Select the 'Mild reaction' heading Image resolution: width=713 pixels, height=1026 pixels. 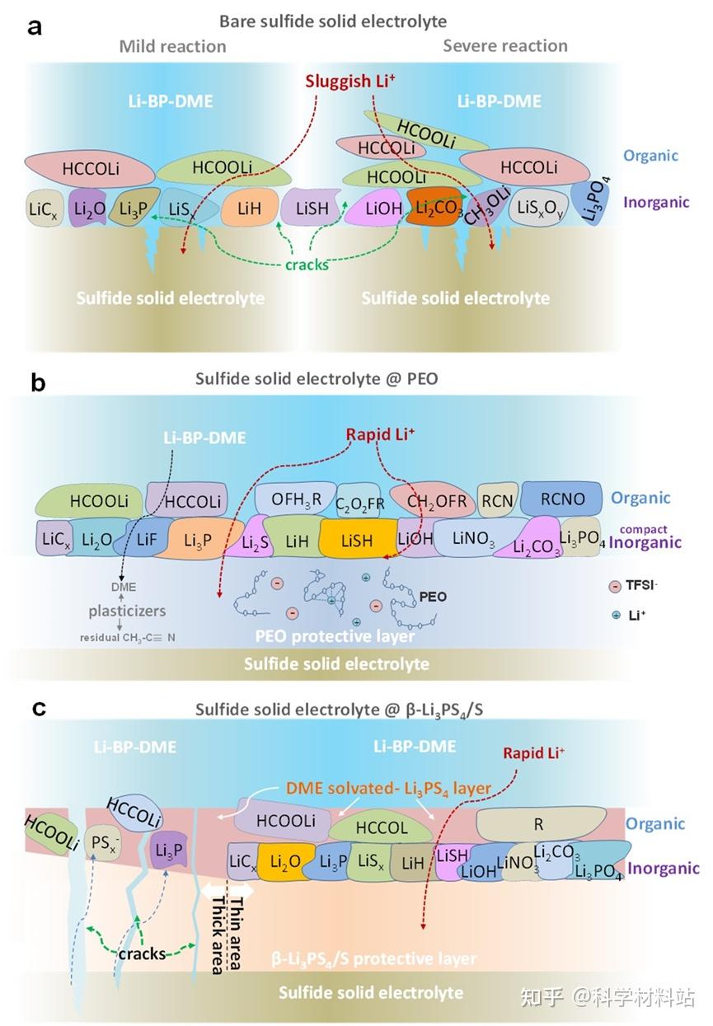pyautogui.click(x=172, y=46)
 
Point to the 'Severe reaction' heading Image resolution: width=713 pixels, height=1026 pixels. pyautogui.click(x=504, y=45)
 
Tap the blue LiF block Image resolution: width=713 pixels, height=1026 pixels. pyautogui.click(x=145, y=540)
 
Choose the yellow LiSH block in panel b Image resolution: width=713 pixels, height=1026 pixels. pyautogui.click(x=357, y=541)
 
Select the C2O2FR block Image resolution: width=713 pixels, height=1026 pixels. pyautogui.click(x=360, y=501)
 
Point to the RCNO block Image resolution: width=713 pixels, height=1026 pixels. pyautogui.click(x=562, y=499)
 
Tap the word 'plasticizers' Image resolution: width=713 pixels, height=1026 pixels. pyautogui.click(x=128, y=611)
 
